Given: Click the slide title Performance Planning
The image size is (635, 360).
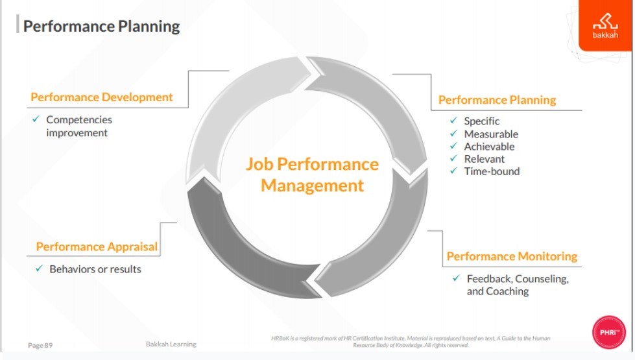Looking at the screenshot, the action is tap(101, 27).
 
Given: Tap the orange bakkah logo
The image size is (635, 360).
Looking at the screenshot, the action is tap(605, 25).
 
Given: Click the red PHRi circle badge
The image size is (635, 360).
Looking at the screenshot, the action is tap(608, 332).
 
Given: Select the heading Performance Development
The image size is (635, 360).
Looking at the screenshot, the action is tap(102, 97).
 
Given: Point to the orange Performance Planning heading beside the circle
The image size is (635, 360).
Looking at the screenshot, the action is tap(497, 100).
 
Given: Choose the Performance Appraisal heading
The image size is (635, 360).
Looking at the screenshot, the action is tap(97, 246).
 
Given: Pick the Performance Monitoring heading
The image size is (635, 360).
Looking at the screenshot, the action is tap(512, 256).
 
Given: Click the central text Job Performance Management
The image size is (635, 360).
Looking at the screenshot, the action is tap(312, 174).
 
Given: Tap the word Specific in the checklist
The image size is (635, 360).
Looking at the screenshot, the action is tap(481, 121).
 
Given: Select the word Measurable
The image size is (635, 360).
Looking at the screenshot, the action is tap(491, 134).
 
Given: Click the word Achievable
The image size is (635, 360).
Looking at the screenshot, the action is tap(489, 147).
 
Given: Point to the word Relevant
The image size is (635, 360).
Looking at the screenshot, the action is tap(485, 159).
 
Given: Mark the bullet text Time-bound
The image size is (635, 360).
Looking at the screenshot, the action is tap(492, 171).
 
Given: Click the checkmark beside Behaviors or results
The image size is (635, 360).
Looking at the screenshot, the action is tap(39, 269).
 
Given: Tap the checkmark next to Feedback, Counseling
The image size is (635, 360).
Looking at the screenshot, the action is tap(457, 278).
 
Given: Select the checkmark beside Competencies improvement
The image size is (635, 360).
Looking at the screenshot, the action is tap(36, 119).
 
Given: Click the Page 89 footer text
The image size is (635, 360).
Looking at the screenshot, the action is tap(40, 346).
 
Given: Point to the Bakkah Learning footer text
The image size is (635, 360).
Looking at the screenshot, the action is tap(171, 344).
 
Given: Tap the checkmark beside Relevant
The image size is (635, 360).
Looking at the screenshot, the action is tap(453, 158).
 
